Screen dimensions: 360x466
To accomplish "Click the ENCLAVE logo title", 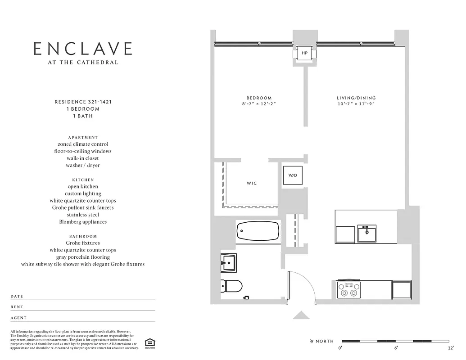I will pos(83,49).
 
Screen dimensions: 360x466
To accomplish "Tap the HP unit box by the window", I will pos(304,53).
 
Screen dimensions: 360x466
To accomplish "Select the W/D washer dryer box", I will pos(292,175).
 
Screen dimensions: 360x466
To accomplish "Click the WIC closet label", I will pos(252,184).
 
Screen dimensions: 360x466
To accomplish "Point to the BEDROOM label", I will pos(259,98).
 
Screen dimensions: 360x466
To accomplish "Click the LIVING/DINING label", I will pos(356,98).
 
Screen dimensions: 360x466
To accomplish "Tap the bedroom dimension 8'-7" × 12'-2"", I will pos(259,104).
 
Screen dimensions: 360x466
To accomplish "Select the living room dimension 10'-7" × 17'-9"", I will pos(356,104).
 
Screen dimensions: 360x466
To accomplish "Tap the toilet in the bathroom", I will pos(231,286).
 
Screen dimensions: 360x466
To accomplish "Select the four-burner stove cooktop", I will pos(349,289).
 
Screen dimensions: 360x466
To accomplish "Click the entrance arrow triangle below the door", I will pos(301,315).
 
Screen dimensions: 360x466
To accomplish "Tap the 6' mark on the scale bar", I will pos(396,348).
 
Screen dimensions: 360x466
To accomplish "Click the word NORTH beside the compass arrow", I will pos(325,342).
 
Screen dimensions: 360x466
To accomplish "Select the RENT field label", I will pos(17,307).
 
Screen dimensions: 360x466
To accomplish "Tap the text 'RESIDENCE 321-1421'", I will pos(83,102).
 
